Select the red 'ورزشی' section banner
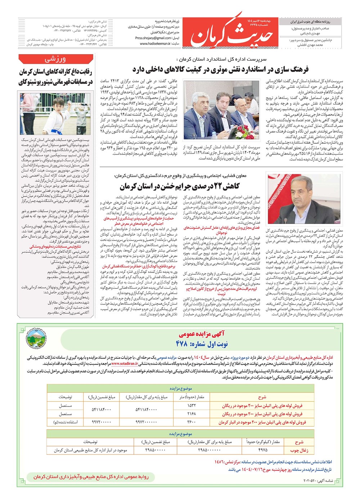click(55, 59)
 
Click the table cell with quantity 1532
click(192, 405)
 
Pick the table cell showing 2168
click(192, 414)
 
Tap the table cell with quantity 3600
click(192, 422)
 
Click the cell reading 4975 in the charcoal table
click(263, 450)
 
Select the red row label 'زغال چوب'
click(299, 450)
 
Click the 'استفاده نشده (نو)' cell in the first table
click(66, 422)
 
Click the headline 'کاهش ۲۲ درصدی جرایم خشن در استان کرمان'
click(180, 186)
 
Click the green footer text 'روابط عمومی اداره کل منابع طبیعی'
click(91, 477)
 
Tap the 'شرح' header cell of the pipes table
click(262, 397)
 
